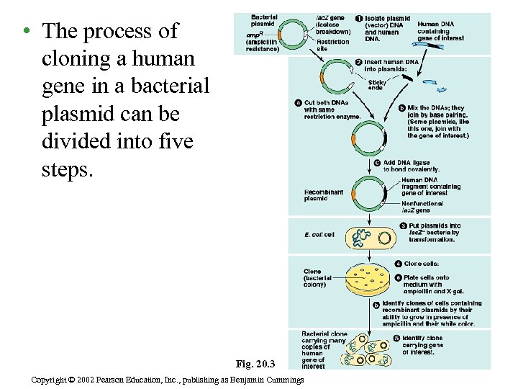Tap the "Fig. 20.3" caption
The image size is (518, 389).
255,363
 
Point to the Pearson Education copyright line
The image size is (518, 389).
168,380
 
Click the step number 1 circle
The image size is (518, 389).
360,19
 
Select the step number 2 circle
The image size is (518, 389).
359,63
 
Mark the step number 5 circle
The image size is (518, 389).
396,338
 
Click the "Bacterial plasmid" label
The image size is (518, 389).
263,20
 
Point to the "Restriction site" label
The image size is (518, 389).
332,45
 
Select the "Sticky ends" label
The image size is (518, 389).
377,85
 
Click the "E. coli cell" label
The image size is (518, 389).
319,235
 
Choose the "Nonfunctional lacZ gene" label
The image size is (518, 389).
427,207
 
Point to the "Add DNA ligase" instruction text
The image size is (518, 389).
411,166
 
